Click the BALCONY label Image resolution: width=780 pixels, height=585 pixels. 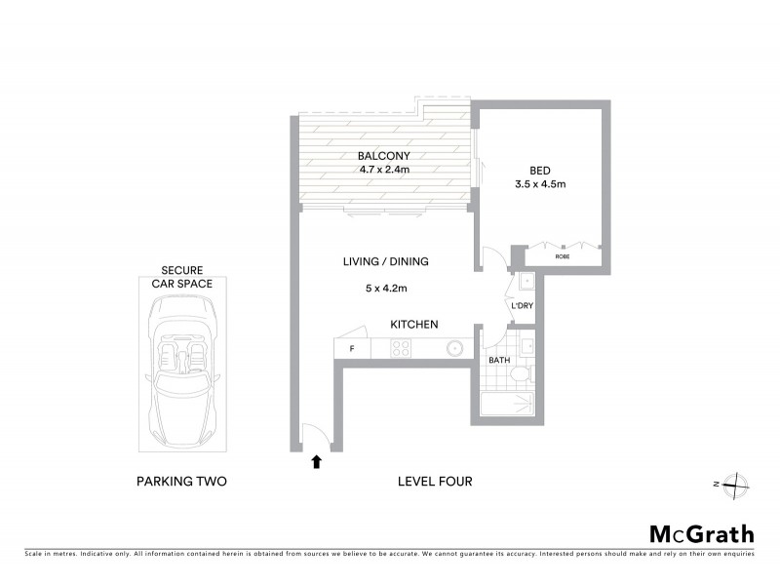[x=383, y=156]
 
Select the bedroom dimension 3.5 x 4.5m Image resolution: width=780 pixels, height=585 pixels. [x=540, y=183]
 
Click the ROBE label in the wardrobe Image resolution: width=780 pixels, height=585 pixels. [x=563, y=257]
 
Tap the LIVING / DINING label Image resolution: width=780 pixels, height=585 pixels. [x=385, y=261]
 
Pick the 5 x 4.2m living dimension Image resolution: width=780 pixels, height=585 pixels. [x=385, y=289]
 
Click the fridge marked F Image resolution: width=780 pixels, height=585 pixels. [x=352, y=348]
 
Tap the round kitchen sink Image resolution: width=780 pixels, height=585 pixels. [x=454, y=348]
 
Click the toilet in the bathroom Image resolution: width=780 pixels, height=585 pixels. [x=520, y=374]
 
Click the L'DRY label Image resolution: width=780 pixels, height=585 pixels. [x=522, y=306]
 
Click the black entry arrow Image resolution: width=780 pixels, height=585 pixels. [x=315, y=462]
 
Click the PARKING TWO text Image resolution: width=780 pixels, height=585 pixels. [x=181, y=482]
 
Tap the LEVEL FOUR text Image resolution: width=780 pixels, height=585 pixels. [x=435, y=482]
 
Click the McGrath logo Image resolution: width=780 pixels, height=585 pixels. [x=701, y=533]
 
